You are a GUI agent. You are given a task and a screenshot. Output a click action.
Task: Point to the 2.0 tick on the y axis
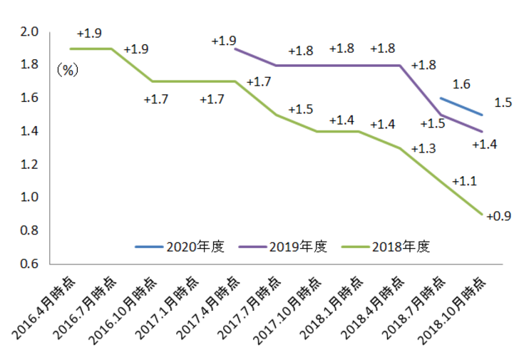tap(29, 32)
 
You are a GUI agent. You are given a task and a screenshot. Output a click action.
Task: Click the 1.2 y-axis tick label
tap(29, 165)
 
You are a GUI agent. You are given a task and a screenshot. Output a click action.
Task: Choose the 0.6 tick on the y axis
tap(29, 264)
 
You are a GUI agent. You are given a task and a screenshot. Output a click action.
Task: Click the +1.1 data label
tap(463, 181)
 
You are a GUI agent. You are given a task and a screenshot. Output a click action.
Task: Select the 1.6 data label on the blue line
tap(461, 84)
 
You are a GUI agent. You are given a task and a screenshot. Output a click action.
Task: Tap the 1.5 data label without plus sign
tap(503, 103)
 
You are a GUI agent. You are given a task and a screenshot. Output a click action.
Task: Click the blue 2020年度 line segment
tap(462, 106)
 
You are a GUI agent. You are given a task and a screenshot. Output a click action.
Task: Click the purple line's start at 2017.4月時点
tap(235, 49)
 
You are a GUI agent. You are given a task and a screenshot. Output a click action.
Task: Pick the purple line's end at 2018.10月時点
tap(483, 131)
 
